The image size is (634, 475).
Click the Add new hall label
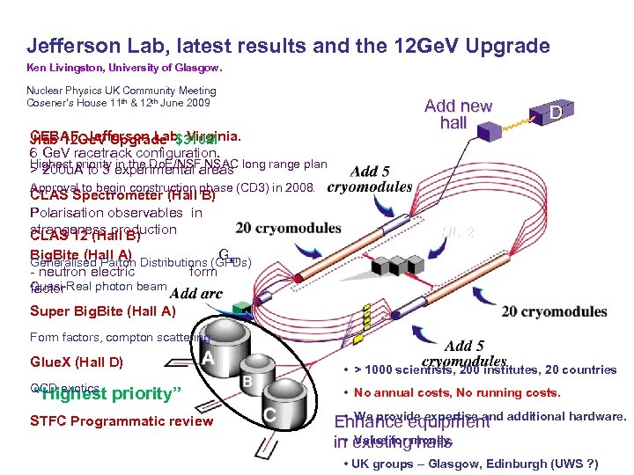pos(458,114)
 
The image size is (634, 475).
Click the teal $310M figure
pos(195,140)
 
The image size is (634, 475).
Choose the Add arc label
pos(195,293)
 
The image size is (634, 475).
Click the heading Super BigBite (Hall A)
pos(103,311)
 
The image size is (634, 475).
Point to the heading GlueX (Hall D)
pos(77,362)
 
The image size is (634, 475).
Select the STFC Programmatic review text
pos(122,420)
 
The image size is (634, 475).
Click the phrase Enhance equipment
pos(412,422)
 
